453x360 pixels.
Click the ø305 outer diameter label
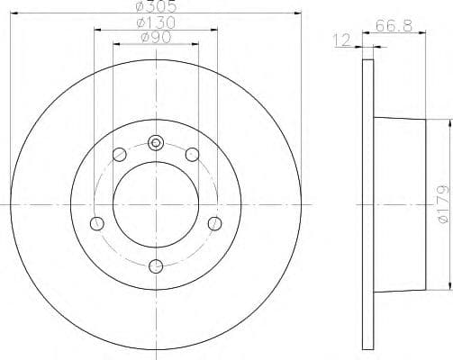pyautogui.click(x=155, y=5)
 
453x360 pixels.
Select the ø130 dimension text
pyautogui.click(x=155, y=22)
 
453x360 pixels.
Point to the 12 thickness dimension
pyautogui.click(x=341, y=40)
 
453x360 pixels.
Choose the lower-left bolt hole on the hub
pyautogui.click(x=97, y=223)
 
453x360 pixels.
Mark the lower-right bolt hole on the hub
pyautogui.click(x=214, y=223)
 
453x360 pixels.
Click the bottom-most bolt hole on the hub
pyautogui.click(x=156, y=265)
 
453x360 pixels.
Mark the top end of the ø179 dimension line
pyautogui.click(x=445, y=120)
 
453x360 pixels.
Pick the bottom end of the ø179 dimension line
pyautogui.click(x=445, y=289)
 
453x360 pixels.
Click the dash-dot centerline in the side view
pyautogui.click(x=342, y=204)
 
